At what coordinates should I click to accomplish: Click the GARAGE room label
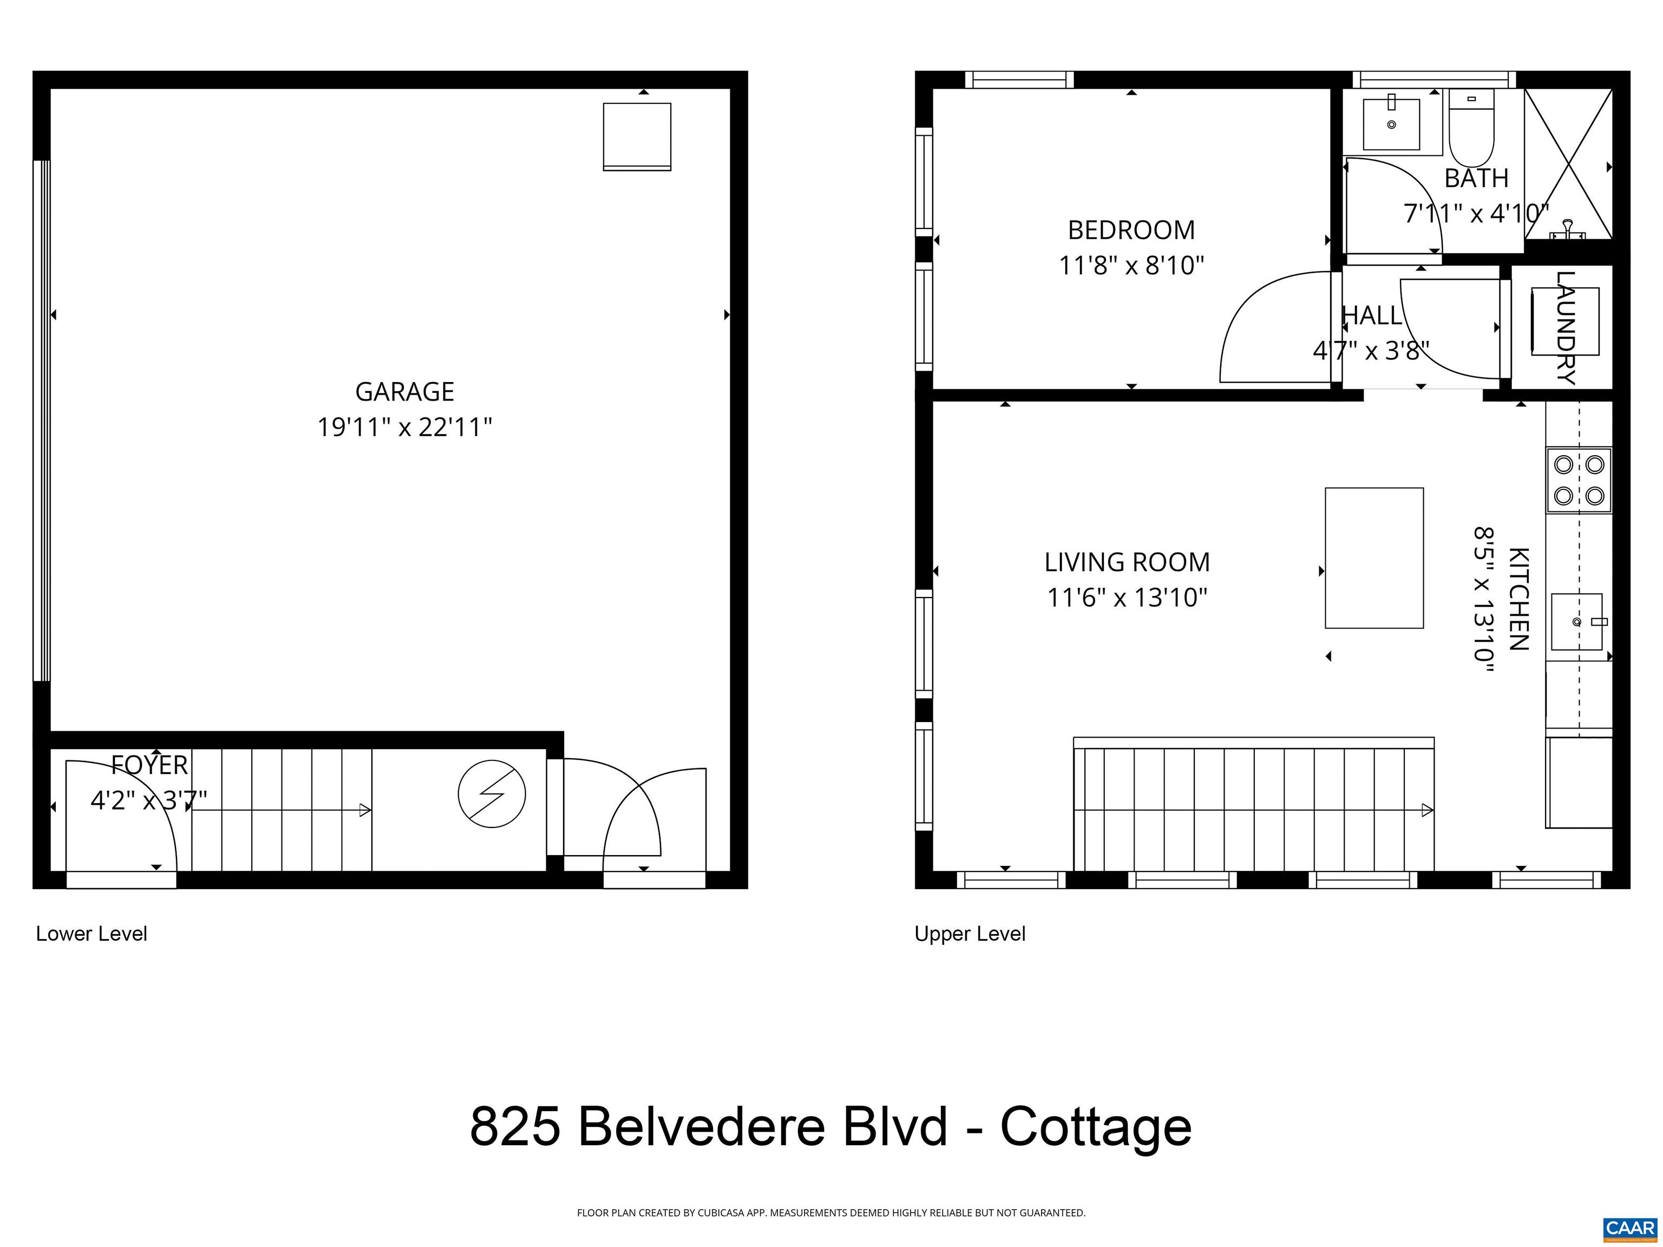pos(404,392)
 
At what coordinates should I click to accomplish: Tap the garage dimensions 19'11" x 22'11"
pos(404,428)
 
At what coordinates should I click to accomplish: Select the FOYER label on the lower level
pos(149,765)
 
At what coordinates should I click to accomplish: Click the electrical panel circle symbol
pos(492,794)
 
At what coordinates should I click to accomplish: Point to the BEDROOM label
pos(1131,230)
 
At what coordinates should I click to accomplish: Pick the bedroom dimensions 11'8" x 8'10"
pos(1131,265)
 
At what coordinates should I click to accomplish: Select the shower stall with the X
pos(1568,164)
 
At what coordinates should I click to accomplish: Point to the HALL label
pos(1372,316)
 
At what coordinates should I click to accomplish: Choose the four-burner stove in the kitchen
pos(1579,480)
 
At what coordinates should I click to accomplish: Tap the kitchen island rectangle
pos(1374,557)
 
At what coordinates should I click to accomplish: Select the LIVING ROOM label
pos(1127,562)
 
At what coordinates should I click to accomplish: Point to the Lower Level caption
pos(91,934)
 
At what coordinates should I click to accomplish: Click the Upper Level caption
pos(970,934)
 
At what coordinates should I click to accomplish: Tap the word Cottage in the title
pos(1095,1126)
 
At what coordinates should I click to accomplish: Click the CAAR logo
pos(1630,1228)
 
